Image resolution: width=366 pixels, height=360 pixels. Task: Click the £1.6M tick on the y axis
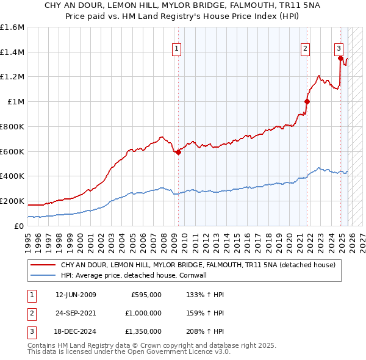[12, 27]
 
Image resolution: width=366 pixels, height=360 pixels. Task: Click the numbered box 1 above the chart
[176, 49]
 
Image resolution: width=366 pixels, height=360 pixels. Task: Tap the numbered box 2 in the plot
[305, 49]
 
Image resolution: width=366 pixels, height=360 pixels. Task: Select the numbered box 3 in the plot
[339, 49]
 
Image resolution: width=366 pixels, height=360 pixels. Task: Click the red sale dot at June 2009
[178, 153]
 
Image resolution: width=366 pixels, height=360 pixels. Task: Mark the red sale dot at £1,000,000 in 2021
[307, 102]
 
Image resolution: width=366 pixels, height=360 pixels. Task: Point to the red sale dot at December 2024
[340, 59]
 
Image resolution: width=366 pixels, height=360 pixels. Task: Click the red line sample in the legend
[42, 265]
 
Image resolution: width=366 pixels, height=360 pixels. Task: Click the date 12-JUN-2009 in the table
[76, 295]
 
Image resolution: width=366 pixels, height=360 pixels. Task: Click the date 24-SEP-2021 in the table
[76, 313]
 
